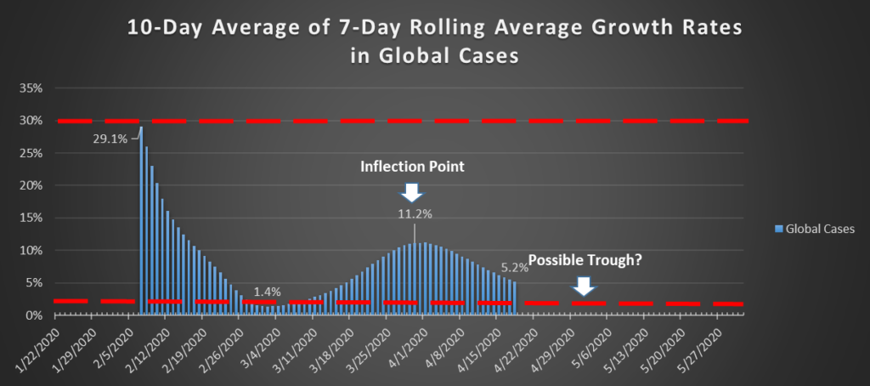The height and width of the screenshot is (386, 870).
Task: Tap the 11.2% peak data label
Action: click(415, 213)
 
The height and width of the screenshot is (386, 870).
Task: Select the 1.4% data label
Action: click(267, 292)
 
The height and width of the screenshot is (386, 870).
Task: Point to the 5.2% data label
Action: click(515, 266)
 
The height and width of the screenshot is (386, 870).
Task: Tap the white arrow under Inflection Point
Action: click(410, 192)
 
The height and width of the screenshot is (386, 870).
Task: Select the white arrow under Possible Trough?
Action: click(583, 287)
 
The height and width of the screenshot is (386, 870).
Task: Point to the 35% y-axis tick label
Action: click(31, 88)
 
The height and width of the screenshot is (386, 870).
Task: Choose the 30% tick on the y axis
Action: click(31, 121)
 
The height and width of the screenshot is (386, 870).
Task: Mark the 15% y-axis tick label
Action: click(31, 218)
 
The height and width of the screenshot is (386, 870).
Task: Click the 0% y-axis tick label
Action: click(34, 315)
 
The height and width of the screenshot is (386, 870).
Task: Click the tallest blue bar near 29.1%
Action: click(141, 221)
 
